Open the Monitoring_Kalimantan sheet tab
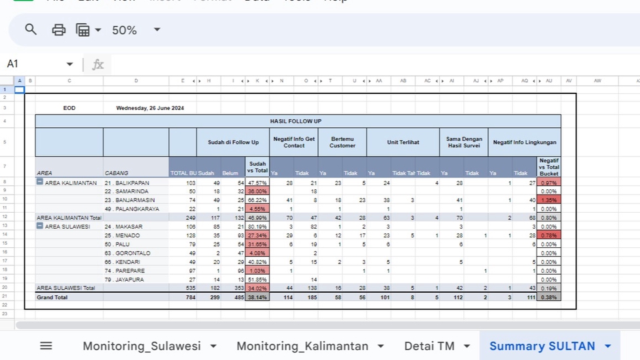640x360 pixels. coord(302,346)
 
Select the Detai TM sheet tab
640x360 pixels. coord(429,346)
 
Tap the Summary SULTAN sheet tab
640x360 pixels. coord(542,346)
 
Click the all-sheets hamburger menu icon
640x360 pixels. coord(46,345)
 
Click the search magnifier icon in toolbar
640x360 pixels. coord(31,29)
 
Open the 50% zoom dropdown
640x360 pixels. coord(136,30)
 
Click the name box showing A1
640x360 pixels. coord(37,64)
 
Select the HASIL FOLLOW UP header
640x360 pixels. coord(297,121)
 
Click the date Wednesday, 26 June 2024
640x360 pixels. coord(150,108)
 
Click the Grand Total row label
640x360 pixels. coord(51,297)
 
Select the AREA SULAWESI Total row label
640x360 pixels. coord(67,288)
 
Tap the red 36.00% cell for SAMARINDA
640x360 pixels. coord(257,191)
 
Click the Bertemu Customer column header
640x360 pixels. coord(342,142)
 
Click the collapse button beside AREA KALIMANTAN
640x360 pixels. coord(40,182)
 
